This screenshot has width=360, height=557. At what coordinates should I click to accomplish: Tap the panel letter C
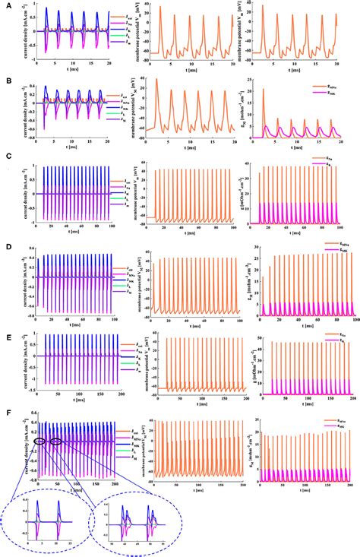(7, 159)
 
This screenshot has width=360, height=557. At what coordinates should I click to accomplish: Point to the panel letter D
(7, 245)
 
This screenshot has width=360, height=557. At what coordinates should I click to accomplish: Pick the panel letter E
(7, 332)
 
